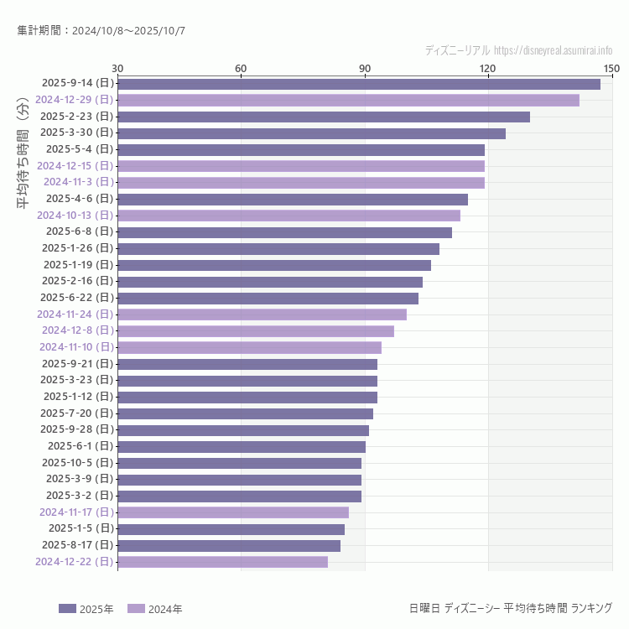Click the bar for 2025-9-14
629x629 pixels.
click(x=359, y=84)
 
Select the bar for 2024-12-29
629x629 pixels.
click(x=348, y=100)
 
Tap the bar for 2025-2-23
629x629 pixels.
click(x=324, y=117)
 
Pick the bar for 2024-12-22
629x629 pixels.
click(x=222, y=562)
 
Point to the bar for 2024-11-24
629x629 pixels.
click(x=262, y=314)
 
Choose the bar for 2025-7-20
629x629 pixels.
click(x=245, y=413)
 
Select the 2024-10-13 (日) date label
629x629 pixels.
click(x=75, y=216)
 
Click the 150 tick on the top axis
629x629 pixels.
click(x=611, y=68)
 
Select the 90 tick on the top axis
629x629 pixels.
click(x=365, y=68)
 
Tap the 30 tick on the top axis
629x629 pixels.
click(x=117, y=68)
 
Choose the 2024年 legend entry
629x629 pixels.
click(x=155, y=609)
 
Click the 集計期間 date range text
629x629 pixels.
click(x=101, y=31)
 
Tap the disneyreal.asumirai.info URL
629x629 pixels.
click(x=553, y=50)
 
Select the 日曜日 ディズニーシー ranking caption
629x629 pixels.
click(x=510, y=608)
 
